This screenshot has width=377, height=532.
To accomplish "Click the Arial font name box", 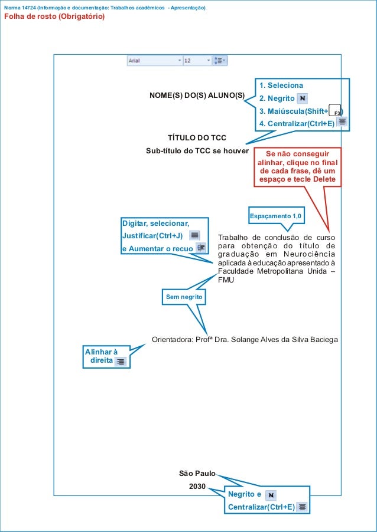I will (154, 61).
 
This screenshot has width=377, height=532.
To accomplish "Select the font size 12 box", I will (197, 61).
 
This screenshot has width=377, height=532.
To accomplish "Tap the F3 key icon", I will (336, 111).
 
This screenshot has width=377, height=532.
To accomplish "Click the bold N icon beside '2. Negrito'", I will (302, 98).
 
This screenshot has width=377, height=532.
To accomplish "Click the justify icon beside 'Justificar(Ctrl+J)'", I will (194, 235).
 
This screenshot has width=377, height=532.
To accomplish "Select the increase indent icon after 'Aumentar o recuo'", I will (201, 248).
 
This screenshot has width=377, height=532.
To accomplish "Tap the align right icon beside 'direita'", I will (121, 361).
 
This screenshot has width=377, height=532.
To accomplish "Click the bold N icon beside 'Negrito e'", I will (271, 494).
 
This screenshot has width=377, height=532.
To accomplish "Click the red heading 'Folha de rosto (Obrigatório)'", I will (54, 17).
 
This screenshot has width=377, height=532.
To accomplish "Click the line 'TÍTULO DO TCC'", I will (197, 139).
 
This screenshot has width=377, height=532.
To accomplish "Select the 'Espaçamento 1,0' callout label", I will (275, 216).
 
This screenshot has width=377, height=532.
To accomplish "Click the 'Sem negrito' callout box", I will (184, 298).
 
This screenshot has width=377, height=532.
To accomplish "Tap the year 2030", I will (197, 487).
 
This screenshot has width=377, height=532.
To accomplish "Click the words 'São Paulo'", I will (197, 473).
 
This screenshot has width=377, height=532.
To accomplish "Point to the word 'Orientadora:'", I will (172, 340).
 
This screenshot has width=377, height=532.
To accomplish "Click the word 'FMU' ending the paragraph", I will (226, 280).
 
